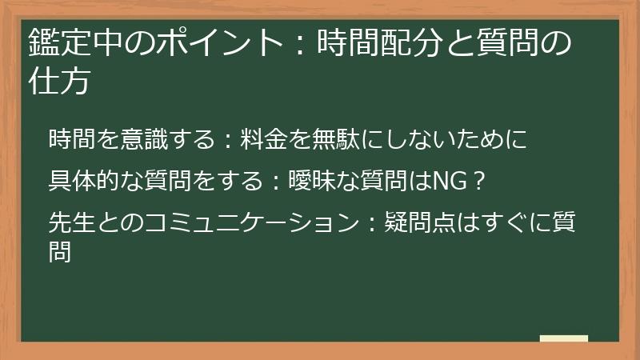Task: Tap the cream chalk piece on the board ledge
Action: click(x=563, y=338)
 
